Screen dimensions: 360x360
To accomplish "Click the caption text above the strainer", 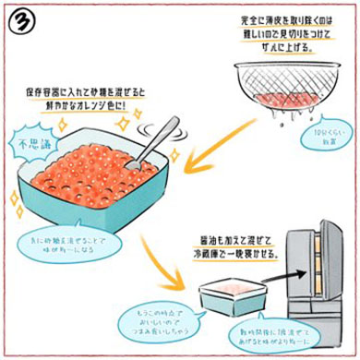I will pos(295,32).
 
